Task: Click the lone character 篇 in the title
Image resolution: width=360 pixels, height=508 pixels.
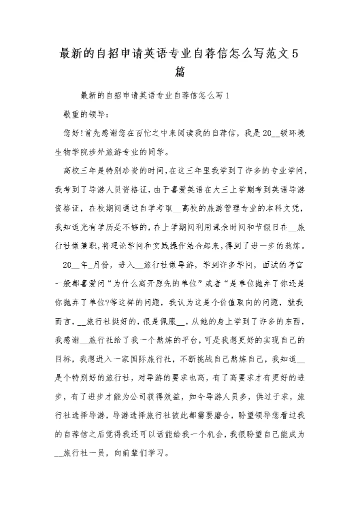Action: point(180,71)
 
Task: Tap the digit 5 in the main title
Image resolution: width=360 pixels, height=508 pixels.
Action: point(294,53)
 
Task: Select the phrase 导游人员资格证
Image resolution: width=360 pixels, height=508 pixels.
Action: point(111,190)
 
